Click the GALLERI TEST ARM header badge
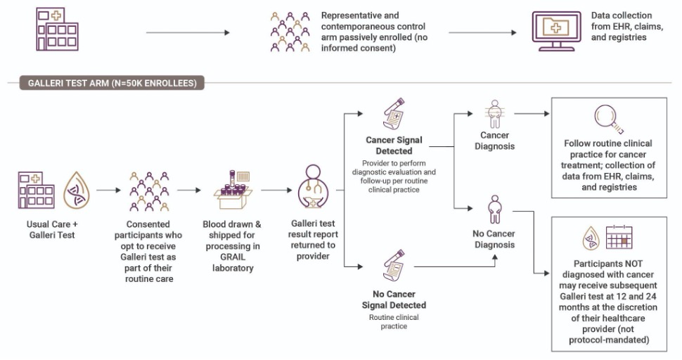(x=105, y=84)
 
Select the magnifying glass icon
(x=606, y=120)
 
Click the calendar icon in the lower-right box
(x=620, y=239)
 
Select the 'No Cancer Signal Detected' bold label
(x=394, y=300)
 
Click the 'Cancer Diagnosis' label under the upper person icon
(x=494, y=140)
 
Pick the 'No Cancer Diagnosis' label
(x=494, y=240)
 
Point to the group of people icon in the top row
(x=289, y=32)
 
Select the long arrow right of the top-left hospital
(x=188, y=32)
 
